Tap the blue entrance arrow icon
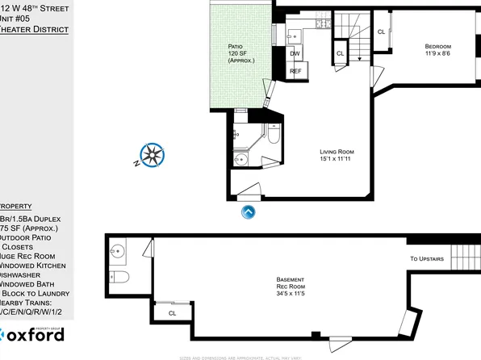click(x=249, y=212)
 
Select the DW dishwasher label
click(x=295, y=54)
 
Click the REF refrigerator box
click(x=295, y=72)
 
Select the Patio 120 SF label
click(x=240, y=54)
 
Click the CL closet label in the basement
click(x=172, y=313)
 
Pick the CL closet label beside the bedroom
click(x=381, y=31)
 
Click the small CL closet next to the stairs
click(x=340, y=53)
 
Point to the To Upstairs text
click(x=426, y=259)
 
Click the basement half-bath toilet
click(x=119, y=278)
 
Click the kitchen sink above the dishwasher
click(x=294, y=36)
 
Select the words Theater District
click(x=32, y=29)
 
